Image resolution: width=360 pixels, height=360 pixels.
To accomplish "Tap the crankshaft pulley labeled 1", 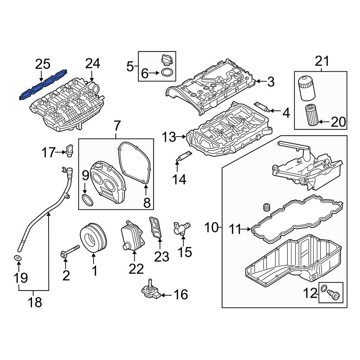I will (93, 237).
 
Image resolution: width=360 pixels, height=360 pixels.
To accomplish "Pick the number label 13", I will (169, 137).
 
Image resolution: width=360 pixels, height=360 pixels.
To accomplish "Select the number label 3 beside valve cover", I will (271, 82).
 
